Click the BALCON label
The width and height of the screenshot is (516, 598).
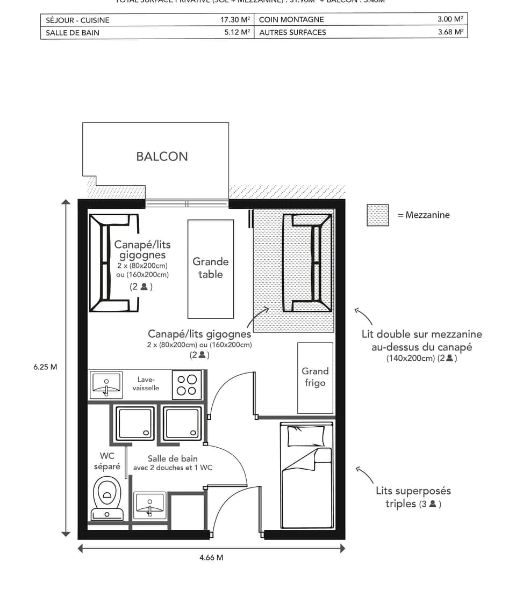(x=162, y=156)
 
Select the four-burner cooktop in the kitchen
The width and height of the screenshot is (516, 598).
(x=187, y=384)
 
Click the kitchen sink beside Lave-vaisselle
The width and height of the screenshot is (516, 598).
(x=106, y=384)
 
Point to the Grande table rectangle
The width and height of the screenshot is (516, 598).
(x=211, y=268)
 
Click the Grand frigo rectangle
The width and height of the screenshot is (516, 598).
(x=315, y=378)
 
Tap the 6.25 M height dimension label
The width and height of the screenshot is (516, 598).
(x=45, y=367)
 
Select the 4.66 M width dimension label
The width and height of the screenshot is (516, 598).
(x=211, y=557)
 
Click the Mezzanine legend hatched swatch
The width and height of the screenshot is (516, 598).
(x=378, y=215)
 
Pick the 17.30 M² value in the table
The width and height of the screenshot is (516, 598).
(x=235, y=20)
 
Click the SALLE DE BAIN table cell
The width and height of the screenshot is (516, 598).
(x=73, y=32)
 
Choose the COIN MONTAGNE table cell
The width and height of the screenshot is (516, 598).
(x=291, y=19)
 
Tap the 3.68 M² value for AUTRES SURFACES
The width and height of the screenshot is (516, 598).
(x=450, y=32)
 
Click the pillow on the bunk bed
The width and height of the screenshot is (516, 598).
(x=306, y=435)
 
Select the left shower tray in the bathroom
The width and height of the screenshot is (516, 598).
(x=135, y=424)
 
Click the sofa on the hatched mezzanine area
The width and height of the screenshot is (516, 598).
(x=307, y=262)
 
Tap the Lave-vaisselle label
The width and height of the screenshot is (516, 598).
(x=146, y=383)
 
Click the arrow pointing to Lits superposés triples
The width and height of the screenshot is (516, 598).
(x=363, y=475)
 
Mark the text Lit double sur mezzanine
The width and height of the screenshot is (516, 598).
(x=421, y=334)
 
